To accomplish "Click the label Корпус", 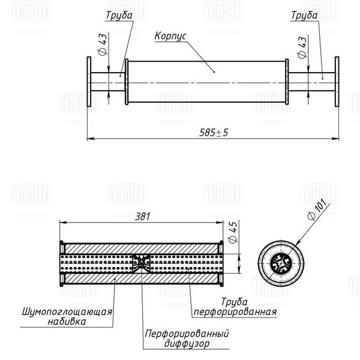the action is click(170, 36).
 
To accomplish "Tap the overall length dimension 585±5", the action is click(214, 133).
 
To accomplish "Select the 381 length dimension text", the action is click(143, 217).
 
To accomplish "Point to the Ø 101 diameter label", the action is click(317, 209).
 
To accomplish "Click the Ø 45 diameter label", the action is click(233, 232).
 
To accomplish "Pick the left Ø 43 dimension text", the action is click(103, 44).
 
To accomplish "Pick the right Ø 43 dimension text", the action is click(302, 47).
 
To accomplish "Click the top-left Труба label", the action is click(119, 16).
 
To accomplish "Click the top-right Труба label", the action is click(304, 16).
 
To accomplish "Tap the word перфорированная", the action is click(235, 312).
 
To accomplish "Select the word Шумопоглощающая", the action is click(67, 312).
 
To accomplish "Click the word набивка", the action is click(67, 322).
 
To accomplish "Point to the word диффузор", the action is click(187, 343).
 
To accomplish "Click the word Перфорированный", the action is click(187, 334).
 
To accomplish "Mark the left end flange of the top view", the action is click(89, 82).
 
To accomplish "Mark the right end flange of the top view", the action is click(337, 82).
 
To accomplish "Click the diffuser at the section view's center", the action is click(142, 263).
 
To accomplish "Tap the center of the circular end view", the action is click(281, 263).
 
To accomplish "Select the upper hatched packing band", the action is click(141, 248).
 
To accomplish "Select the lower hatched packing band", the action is click(141, 278).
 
